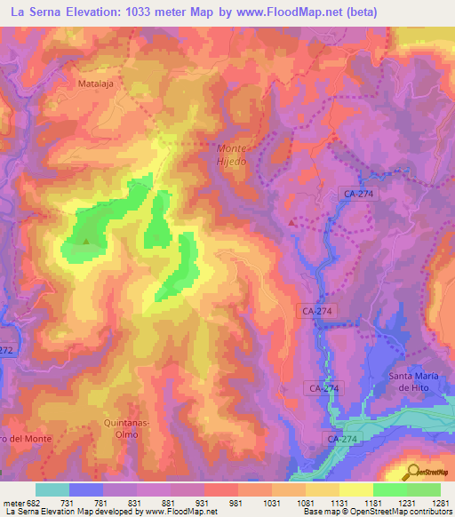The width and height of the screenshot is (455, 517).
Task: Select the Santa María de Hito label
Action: tap(412, 381)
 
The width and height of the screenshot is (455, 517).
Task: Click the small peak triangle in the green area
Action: tap(86, 240)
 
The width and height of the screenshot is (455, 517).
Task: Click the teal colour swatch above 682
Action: tap(52, 489)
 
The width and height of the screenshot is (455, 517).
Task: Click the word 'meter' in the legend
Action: tap(13, 503)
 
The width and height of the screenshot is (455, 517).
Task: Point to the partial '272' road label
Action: tap(7, 350)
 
